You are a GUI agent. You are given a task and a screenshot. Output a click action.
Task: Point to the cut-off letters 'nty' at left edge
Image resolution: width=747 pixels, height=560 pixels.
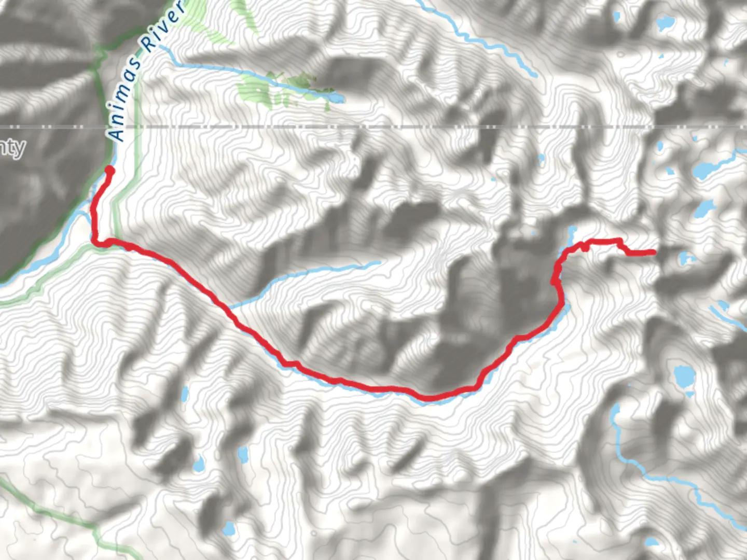pyautogui.click(x=11, y=148)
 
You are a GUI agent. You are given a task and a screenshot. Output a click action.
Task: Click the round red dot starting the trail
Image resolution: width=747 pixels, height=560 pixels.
pyautogui.click(x=109, y=170)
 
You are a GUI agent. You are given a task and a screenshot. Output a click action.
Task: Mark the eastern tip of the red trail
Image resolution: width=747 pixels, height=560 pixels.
pyautogui.click(x=653, y=253)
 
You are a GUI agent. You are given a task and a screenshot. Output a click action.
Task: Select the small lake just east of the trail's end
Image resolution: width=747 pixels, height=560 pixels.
pyautogui.click(x=685, y=257)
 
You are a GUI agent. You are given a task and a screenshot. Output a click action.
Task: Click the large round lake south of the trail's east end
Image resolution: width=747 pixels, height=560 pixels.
pyautogui.click(x=684, y=376)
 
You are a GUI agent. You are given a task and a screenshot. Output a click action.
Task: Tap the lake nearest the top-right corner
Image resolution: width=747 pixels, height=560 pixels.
pyautogui.click(x=663, y=23)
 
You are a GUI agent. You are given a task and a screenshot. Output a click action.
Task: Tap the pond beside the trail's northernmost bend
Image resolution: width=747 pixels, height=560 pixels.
pyautogui.click(x=572, y=232)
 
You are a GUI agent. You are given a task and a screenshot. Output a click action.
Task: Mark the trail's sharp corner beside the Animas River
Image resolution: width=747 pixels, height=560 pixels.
pyautogui.click(x=95, y=240)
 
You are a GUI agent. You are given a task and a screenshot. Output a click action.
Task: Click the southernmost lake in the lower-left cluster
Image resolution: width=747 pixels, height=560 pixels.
pyautogui.click(x=229, y=529)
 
